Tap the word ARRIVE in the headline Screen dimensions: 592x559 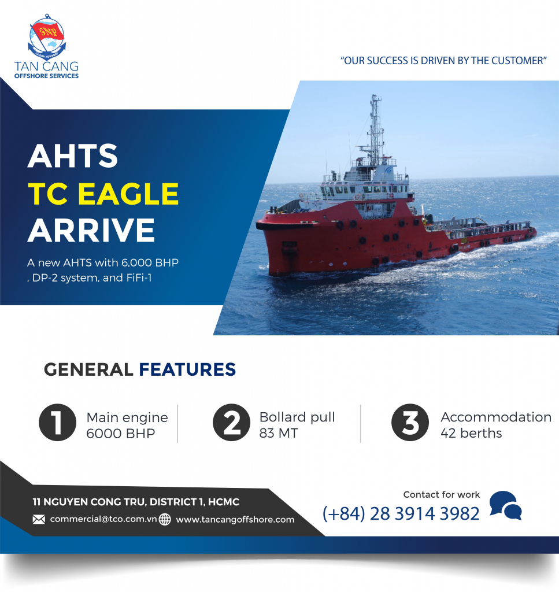[x=91, y=230]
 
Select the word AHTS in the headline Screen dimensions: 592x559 [x=73, y=157]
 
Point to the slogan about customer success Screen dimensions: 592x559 [x=444, y=60]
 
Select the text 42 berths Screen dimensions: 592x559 [x=471, y=433]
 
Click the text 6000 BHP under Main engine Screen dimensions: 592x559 [x=121, y=433]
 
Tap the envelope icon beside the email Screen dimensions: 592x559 [x=39, y=519]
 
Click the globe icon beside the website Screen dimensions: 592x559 [x=165, y=519]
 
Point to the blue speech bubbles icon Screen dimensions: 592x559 [x=505, y=505]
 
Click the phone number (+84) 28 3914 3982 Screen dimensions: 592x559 [x=401, y=513]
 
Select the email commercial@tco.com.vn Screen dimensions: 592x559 [x=103, y=519]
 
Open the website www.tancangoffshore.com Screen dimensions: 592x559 [x=235, y=519]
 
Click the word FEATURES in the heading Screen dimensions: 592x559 [x=187, y=369]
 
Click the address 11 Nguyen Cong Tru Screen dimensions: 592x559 [x=136, y=502]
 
